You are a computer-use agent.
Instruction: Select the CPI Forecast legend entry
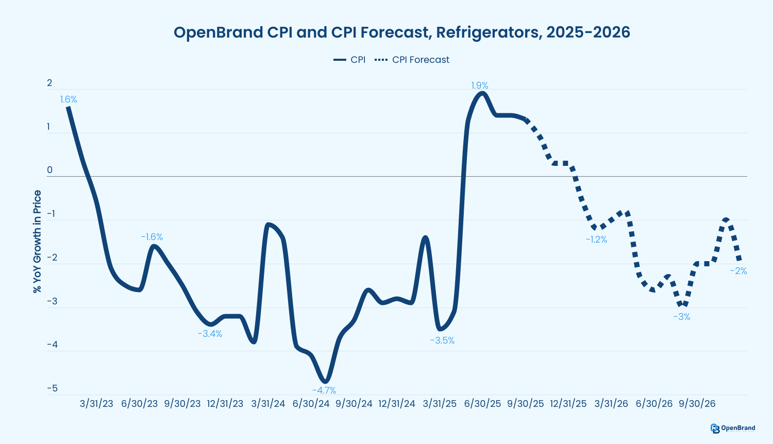(412, 60)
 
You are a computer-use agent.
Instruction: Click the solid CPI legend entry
(350, 60)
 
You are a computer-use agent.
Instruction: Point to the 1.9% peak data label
(480, 86)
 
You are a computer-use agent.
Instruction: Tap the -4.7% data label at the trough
(324, 390)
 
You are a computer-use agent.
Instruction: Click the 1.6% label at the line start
(68, 99)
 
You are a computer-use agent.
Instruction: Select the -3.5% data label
(442, 340)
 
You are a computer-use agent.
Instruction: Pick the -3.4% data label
(210, 334)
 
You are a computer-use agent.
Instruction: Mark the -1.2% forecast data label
(596, 240)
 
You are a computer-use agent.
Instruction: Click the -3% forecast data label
(681, 317)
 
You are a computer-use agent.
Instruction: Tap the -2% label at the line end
(738, 271)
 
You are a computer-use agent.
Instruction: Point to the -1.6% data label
(152, 237)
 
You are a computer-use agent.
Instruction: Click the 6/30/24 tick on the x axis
(311, 404)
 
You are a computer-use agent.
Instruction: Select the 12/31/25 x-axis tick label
(568, 404)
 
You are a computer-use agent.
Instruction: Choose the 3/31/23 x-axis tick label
(96, 404)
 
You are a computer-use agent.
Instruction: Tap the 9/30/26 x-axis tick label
(697, 404)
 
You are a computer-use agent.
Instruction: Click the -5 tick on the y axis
(52, 388)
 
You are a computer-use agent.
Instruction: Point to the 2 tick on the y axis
(49, 83)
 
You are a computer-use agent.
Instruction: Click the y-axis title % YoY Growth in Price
(37, 242)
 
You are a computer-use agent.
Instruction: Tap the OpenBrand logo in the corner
(732, 428)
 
